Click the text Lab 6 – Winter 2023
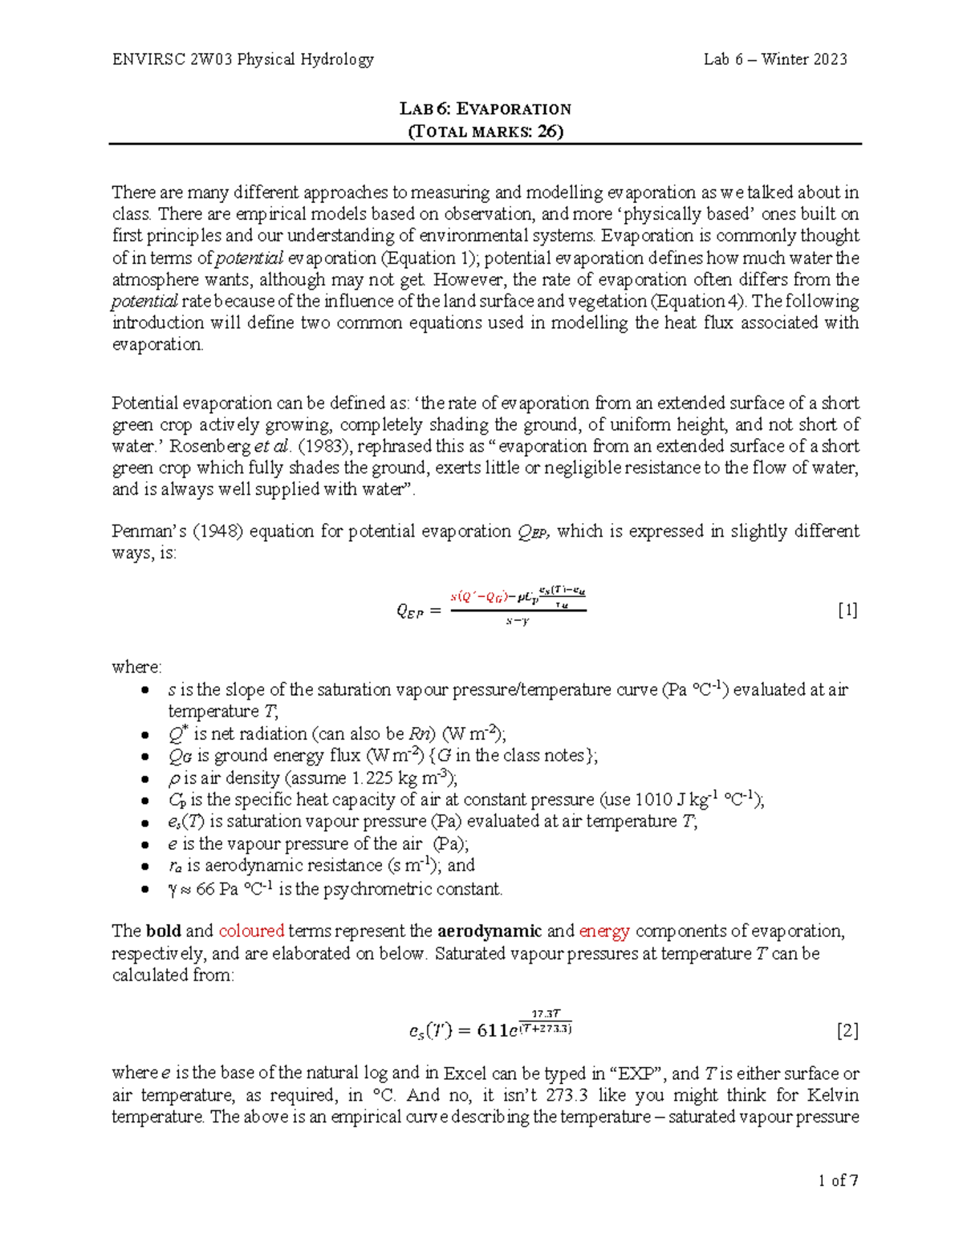coord(775,59)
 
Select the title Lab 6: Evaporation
coord(486,108)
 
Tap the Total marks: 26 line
coord(486,132)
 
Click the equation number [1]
coord(847,611)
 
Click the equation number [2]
coord(847,1031)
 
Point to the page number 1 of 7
coord(839,1180)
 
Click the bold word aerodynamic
coord(490,931)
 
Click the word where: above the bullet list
coord(136,668)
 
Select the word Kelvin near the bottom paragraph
coord(832,1095)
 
